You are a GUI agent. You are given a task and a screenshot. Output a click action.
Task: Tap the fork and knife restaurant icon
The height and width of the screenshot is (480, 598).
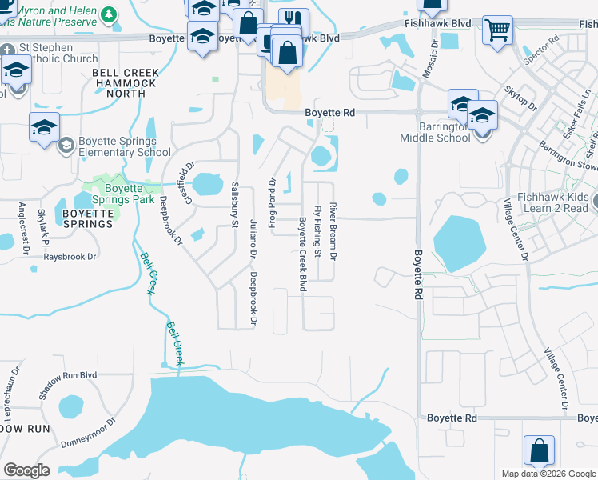pos(293,21)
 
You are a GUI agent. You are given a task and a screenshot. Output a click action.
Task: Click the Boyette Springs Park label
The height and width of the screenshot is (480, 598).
pos(122,194)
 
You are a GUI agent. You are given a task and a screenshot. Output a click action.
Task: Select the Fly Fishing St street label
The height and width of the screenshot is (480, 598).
pos(317,231)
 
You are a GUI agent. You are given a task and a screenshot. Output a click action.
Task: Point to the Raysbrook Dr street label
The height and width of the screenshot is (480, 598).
pos(70,257)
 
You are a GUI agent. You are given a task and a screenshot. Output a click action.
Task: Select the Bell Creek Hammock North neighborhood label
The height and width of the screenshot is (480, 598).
pos(124,83)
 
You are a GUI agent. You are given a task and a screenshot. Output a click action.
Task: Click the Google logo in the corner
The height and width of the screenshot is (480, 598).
pos(27,470)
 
